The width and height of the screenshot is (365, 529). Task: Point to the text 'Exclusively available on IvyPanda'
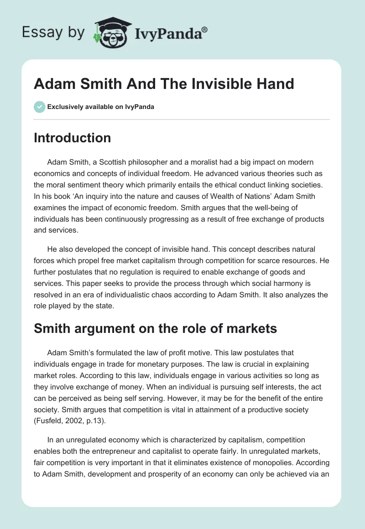(x=101, y=107)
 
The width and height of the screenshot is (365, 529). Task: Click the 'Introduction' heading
(x=72, y=138)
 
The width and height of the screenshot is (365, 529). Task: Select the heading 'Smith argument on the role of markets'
(x=155, y=328)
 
